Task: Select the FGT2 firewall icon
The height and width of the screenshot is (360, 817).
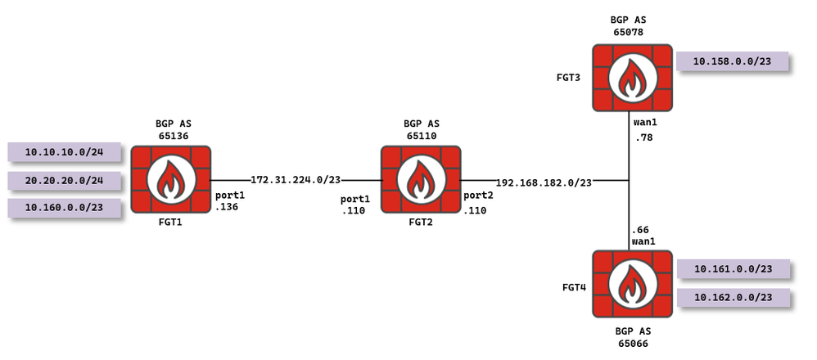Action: point(421,179)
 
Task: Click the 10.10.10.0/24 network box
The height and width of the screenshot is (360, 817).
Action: point(63,152)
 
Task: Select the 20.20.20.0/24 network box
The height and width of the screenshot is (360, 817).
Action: point(63,180)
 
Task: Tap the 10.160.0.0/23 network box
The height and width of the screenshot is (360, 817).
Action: point(63,208)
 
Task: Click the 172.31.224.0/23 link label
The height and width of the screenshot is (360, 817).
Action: point(296,179)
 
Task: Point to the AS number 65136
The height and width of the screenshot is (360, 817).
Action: point(173,135)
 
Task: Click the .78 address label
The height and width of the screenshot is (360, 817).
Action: point(643,137)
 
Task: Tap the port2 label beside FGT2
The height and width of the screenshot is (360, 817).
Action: point(478,196)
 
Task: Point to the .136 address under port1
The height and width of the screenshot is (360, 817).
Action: point(225,209)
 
